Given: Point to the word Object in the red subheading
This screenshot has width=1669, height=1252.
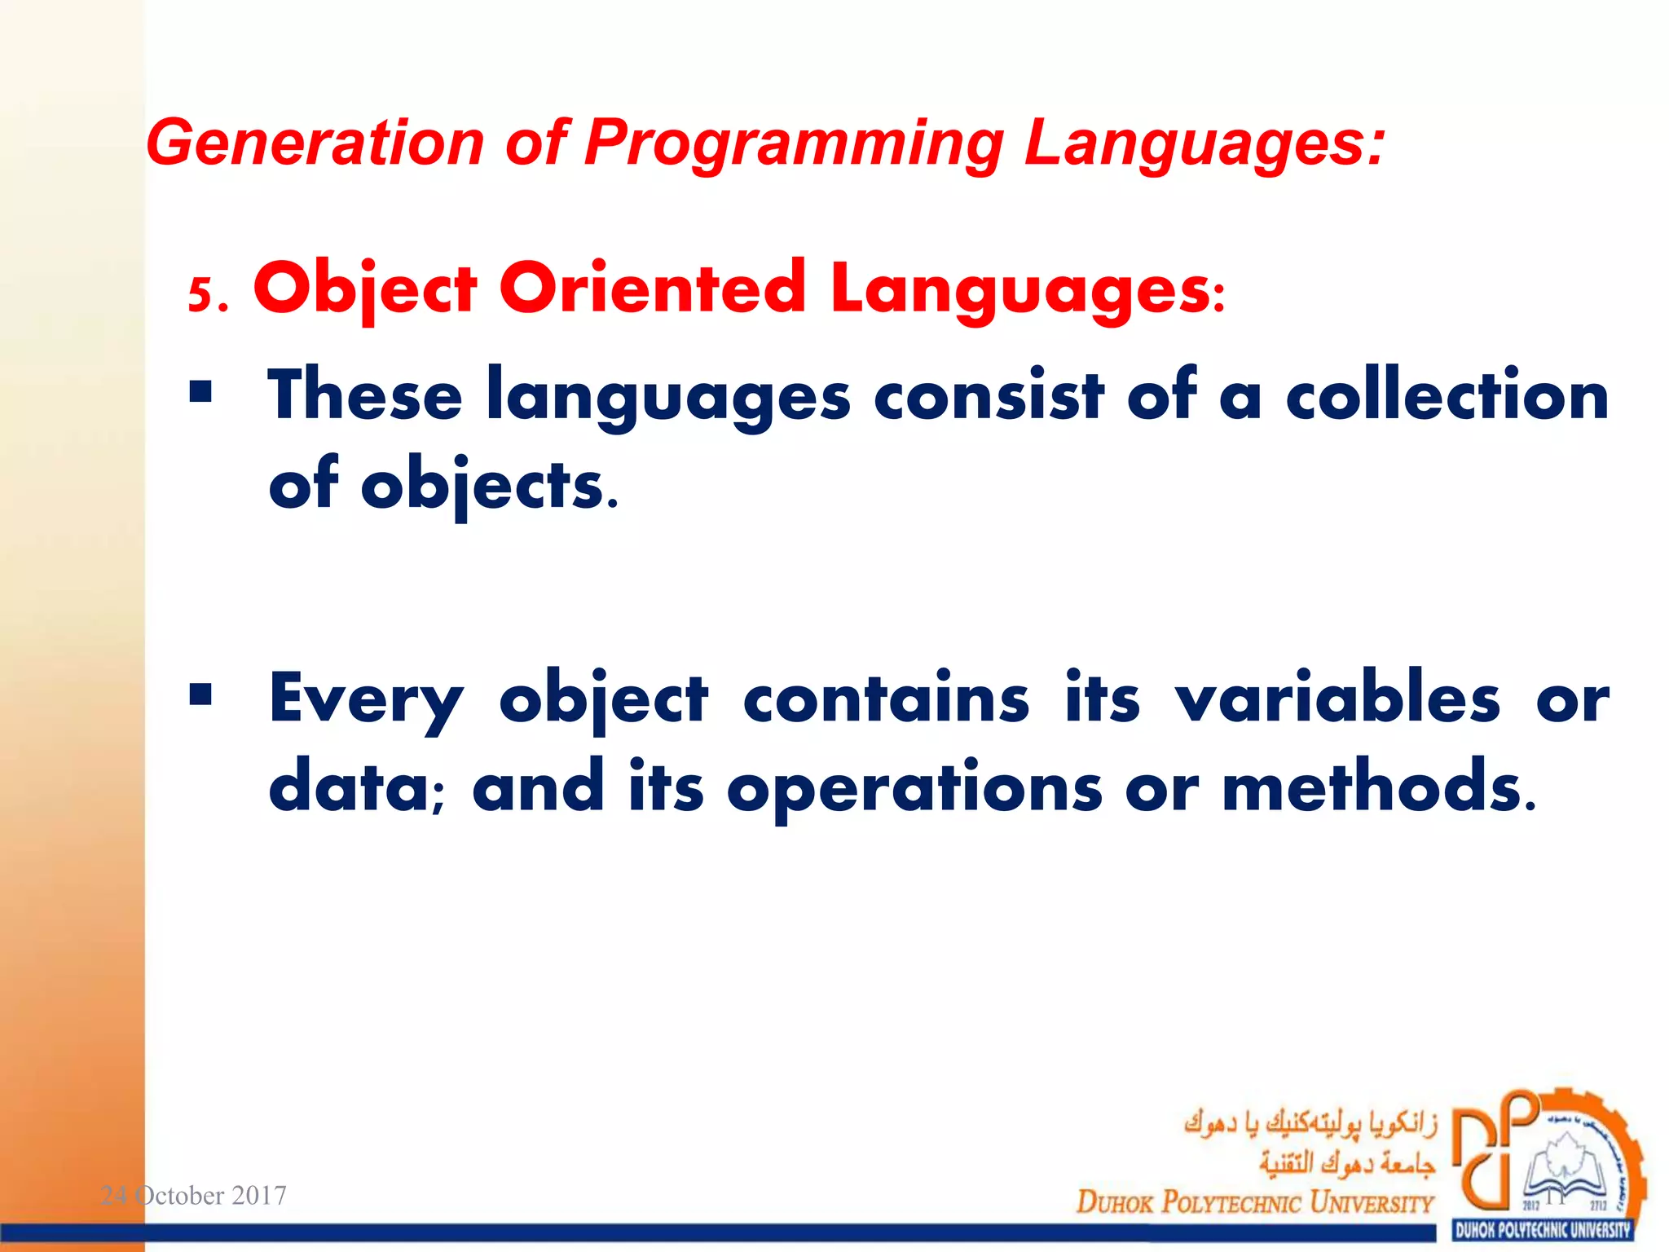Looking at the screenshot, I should click(364, 289).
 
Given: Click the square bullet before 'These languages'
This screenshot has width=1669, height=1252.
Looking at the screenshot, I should click(200, 393).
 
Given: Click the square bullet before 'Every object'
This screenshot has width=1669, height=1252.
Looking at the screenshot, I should click(200, 695).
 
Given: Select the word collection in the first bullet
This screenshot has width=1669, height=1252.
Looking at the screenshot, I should click(1447, 395).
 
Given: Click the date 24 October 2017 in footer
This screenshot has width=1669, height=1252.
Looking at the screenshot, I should click(193, 1196).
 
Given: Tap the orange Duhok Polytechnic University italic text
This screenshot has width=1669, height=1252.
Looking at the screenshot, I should click(1254, 1202).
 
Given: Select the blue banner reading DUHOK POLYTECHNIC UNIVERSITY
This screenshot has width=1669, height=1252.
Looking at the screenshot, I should click(1543, 1230).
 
